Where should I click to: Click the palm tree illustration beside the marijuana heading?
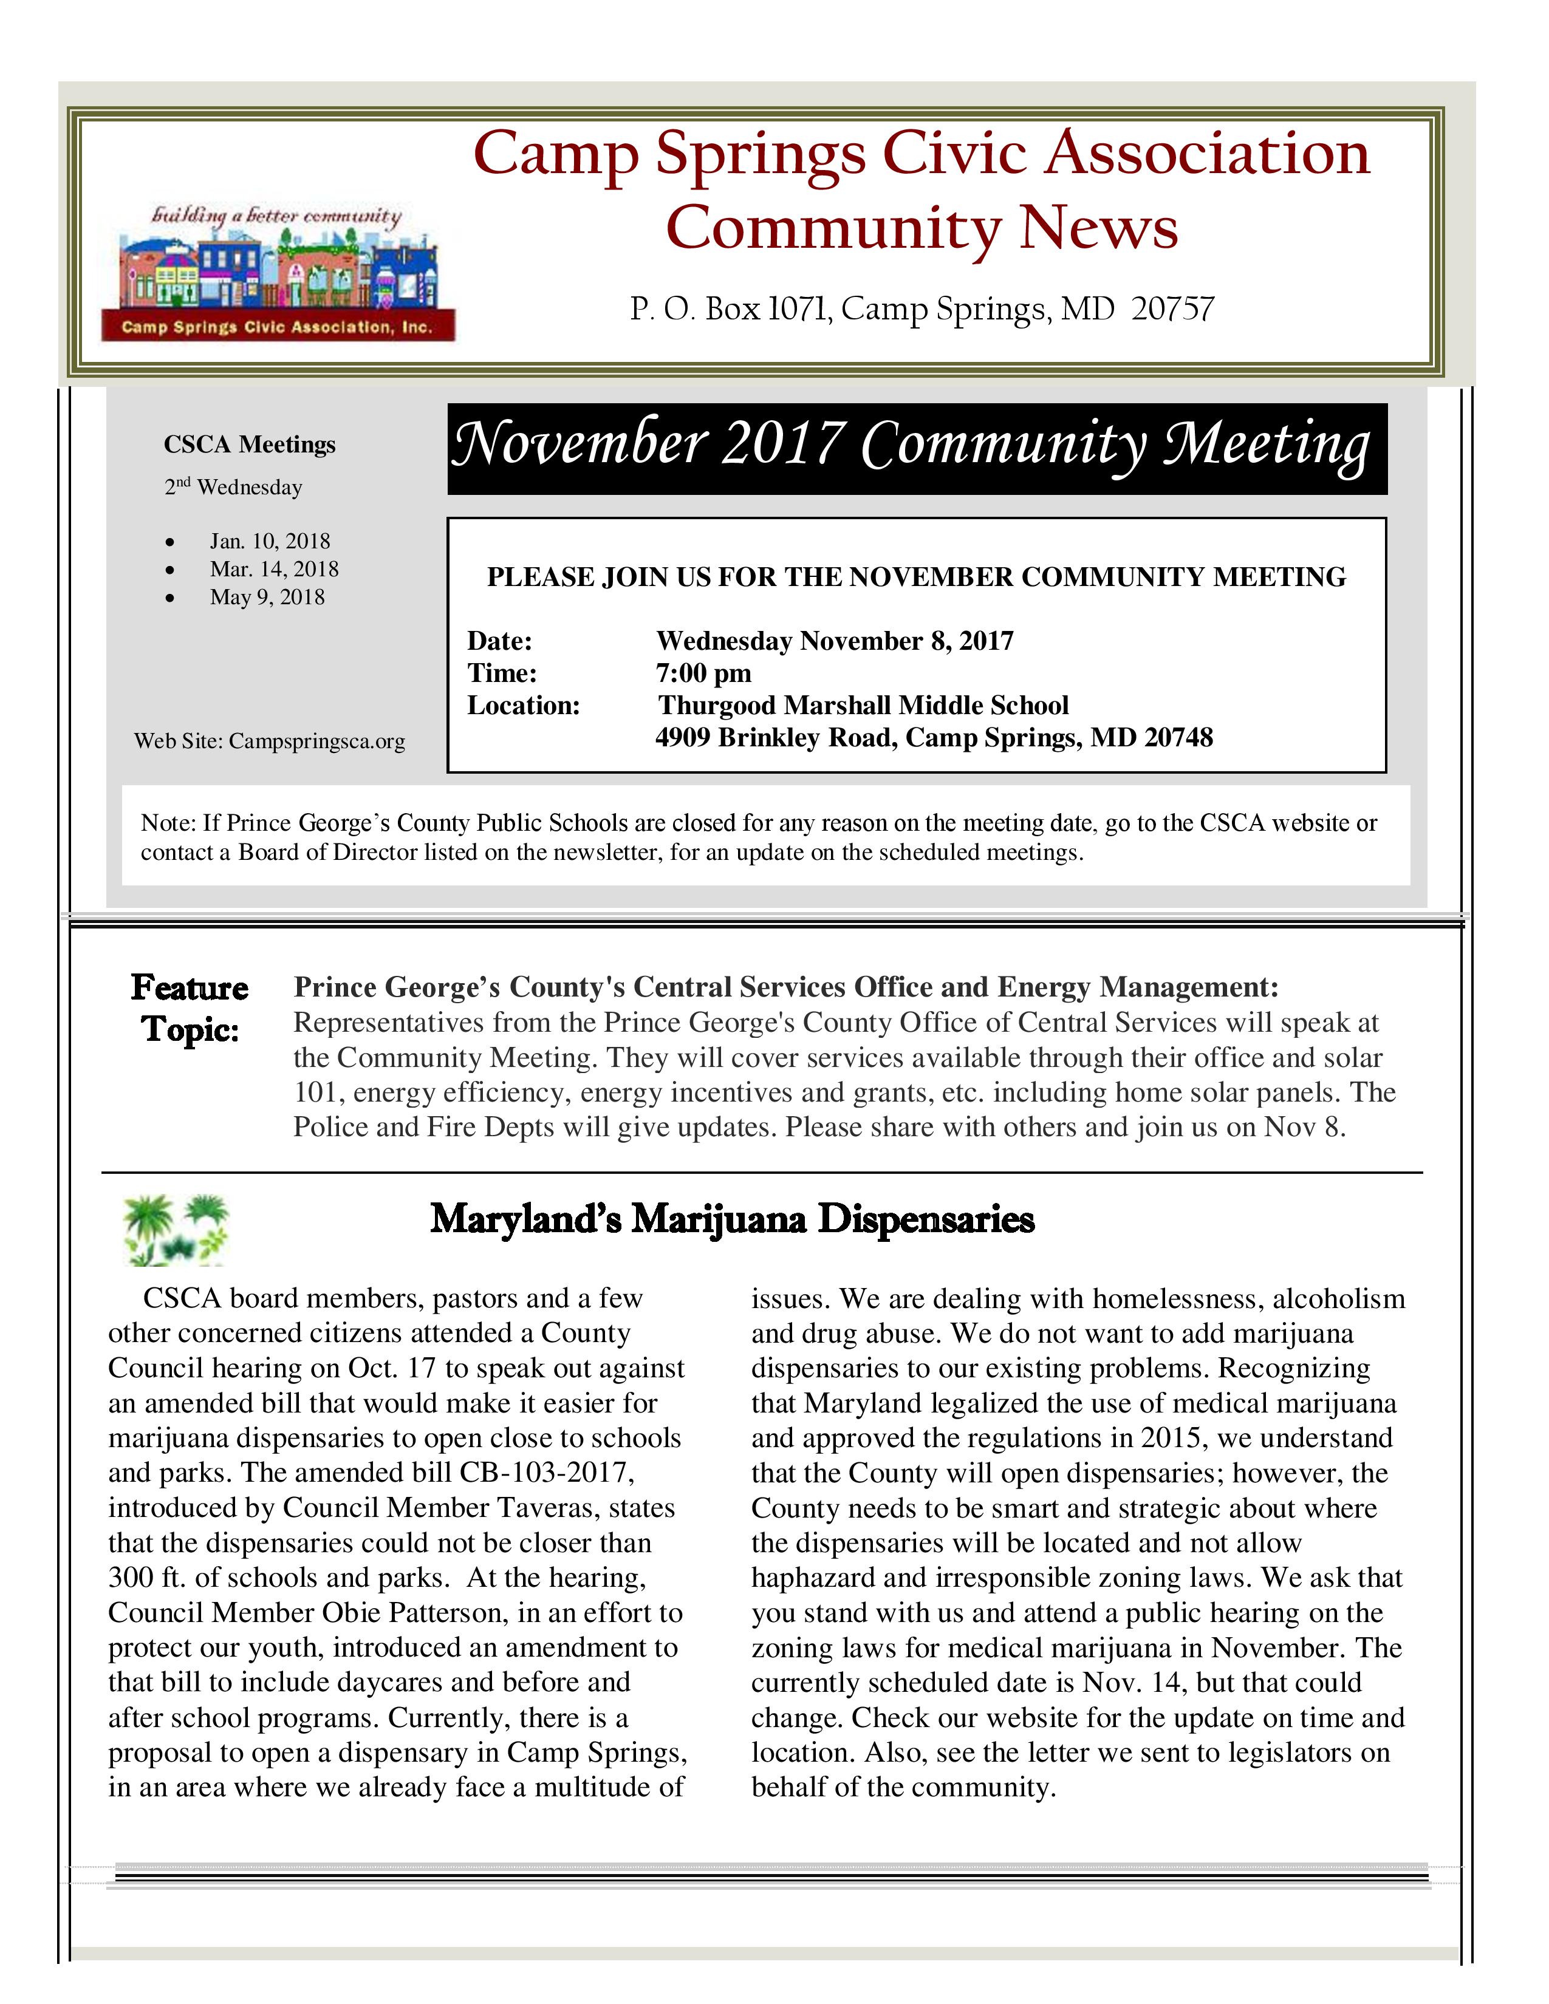coord(174,1230)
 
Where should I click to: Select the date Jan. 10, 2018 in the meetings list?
coord(269,541)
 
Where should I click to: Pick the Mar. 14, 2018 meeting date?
coord(273,569)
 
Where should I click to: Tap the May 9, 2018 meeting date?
coord(267,598)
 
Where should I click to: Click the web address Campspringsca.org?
coord(316,741)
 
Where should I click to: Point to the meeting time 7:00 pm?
coord(703,673)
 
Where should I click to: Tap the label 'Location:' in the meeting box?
coord(523,706)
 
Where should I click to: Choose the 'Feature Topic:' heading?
coord(189,1007)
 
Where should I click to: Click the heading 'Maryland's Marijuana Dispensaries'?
coord(733,1219)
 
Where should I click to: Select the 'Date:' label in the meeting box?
coord(499,641)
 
